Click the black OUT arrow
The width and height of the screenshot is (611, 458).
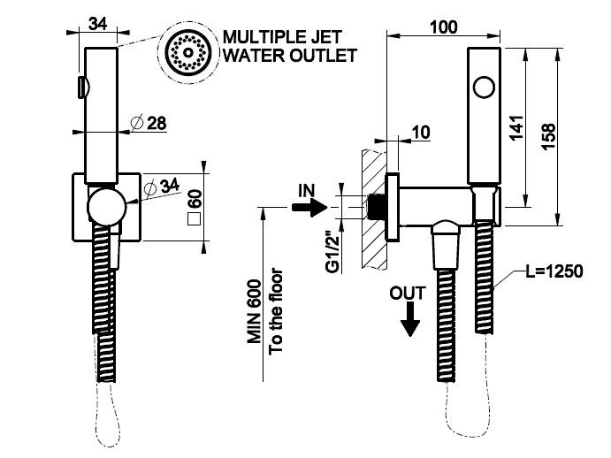pos(409,322)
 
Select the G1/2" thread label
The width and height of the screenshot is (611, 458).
pos(334,252)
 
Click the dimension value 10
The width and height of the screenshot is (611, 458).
pos(421,133)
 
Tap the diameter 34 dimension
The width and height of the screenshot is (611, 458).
pos(160,186)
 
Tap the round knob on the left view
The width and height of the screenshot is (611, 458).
pos(105,209)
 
